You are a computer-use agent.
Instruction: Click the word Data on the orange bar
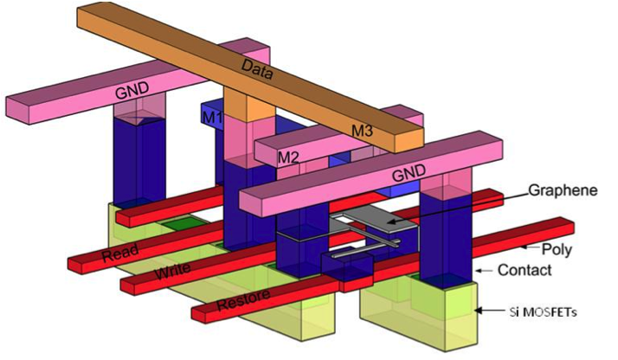point(256,69)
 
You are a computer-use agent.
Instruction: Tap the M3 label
point(362,130)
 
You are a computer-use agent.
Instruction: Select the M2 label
point(288,157)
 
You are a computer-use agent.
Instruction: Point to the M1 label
point(212,118)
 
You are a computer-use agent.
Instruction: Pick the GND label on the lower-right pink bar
point(409,172)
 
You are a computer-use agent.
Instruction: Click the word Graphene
point(563,190)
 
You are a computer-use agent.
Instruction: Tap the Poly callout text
point(557,249)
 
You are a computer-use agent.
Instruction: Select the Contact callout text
point(525,270)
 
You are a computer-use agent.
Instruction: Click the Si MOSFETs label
point(543,312)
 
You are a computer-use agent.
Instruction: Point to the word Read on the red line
point(119,253)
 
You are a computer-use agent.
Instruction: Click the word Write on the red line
point(172,271)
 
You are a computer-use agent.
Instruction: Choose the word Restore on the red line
point(243,299)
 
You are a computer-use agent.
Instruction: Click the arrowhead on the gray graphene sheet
point(391,222)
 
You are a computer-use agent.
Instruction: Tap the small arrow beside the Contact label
point(485,271)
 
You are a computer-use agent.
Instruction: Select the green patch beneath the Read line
point(185,223)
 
